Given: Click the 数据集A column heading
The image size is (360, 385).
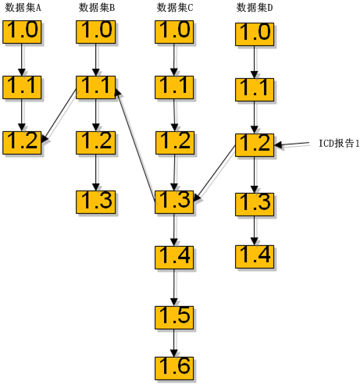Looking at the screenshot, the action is pyautogui.click(x=23, y=8).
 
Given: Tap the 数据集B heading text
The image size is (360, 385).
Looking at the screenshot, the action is pyautogui.click(x=97, y=8).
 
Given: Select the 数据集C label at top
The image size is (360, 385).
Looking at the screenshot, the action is pyautogui.click(x=175, y=8).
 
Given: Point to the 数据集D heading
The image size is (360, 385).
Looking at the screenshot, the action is pyautogui.click(x=255, y=8).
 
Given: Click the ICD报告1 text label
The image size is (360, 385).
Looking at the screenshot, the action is pyautogui.click(x=339, y=144).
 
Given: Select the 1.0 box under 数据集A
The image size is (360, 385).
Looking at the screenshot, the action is pyautogui.click(x=22, y=32).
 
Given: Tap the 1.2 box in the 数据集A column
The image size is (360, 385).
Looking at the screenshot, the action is pyautogui.click(x=22, y=143).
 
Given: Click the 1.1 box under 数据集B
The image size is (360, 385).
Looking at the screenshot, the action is pyautogui.click(x=96, y=87).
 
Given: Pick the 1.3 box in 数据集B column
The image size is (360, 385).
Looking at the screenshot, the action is pyautogui.click(x=96, y=202).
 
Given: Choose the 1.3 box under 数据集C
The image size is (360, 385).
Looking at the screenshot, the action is pyautogui.click(x=174, y=202).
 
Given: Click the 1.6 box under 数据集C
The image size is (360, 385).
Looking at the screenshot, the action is pyautogui.click(x=174, y=369).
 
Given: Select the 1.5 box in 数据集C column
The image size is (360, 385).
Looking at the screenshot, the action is pyautogui.click(x=174, y=318).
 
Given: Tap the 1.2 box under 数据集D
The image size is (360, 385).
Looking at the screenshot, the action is pyautogui.click(x=255, y=145).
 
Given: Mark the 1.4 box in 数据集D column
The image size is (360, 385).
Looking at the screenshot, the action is pyautogui.click(x=255, y=257).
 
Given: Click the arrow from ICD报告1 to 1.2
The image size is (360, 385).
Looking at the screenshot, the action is pyautogui.click(x=291, y=144).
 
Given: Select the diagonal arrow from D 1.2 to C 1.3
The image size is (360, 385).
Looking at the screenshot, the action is pyautogui.click(x=215, y=173).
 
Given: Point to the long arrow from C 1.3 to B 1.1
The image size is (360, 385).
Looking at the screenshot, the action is pyautogui.click(x=135, y=144).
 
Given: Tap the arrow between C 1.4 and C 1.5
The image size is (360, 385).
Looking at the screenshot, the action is pyautogui.click(x=174, y=287).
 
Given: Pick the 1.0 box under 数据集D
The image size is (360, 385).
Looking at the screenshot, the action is pyautogui.click(x=255, y=34).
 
